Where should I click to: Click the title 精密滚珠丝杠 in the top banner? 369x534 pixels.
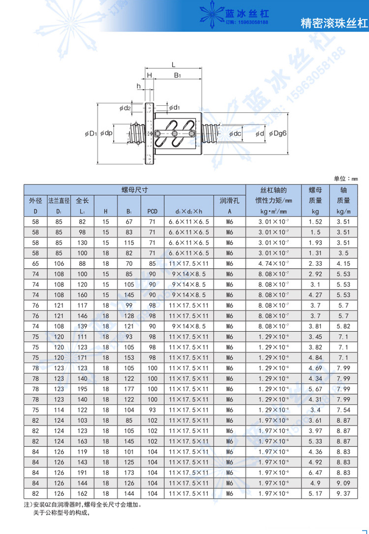(333, 23)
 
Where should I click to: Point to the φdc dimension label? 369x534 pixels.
(235, 133)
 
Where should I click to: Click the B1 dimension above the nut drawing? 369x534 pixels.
(178, 75)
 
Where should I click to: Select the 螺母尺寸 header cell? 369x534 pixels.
(135, 189)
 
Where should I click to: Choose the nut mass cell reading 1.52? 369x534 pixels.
(315, 221)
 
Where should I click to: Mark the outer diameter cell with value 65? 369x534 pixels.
(35, 264)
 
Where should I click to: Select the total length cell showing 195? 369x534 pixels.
(82, 388)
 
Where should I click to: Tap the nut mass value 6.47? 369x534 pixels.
(315, 472)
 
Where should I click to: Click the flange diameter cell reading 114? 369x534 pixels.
(59, 409)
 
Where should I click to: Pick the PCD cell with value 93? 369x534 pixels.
(152, 409)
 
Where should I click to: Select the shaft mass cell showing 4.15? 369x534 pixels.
(343, 264)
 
